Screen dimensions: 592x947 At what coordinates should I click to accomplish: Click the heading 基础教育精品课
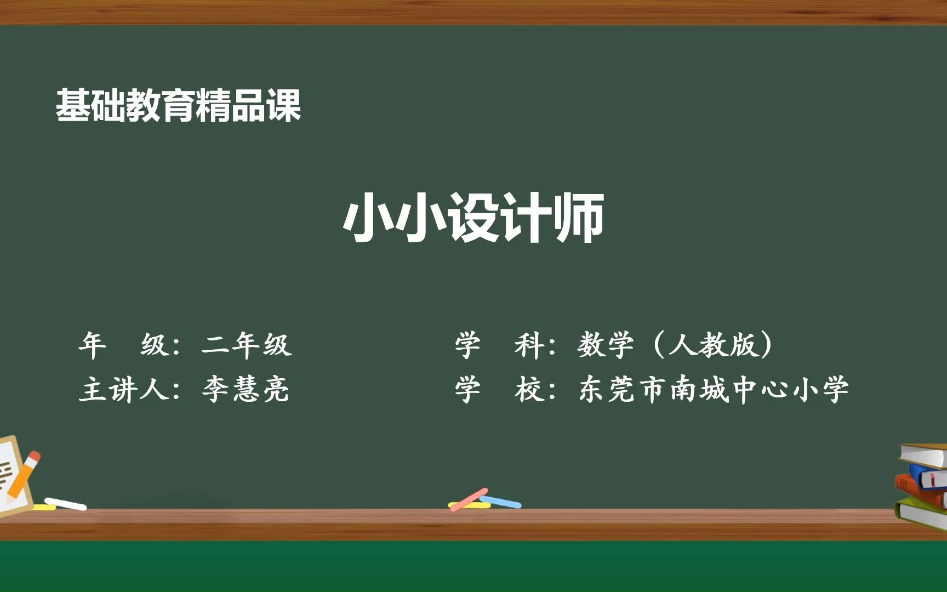point(178,105)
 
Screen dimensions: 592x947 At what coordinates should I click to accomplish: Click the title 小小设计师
point(473,218)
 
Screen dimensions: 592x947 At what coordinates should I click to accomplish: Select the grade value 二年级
point(247,345)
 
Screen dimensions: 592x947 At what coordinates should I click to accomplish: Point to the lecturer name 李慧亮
point(246,389)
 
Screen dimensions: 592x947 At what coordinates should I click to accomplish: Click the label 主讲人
point(123,390)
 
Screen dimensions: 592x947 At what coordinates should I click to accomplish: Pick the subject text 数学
point(606,345)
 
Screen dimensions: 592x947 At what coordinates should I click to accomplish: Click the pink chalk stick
point(469,499)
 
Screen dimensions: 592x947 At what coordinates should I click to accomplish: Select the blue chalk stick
point(501,502)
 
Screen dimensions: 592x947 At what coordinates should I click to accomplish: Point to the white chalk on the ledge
point(65,503)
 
